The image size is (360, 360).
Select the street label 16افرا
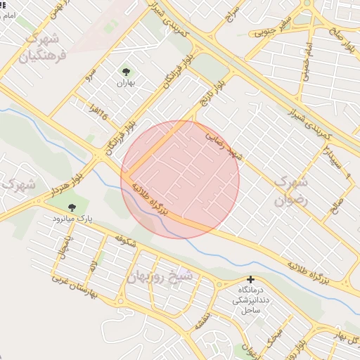point(101,110)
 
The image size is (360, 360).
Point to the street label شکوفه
point(123,243)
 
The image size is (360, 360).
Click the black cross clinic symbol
point(250,279)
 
